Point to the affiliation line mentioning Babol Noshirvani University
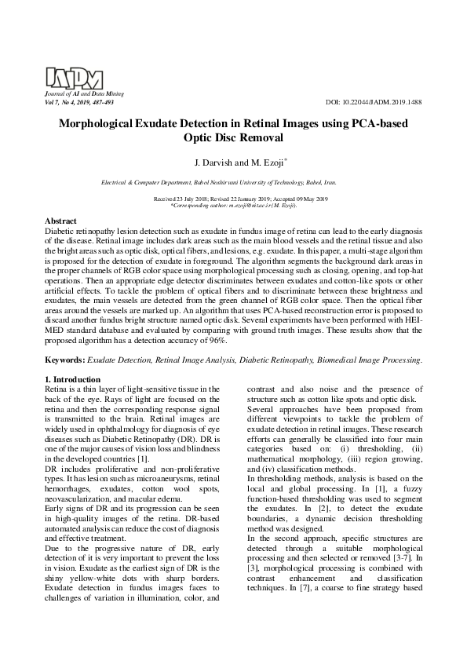[x=233, y=181]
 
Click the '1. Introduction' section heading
[x=77, y=380]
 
